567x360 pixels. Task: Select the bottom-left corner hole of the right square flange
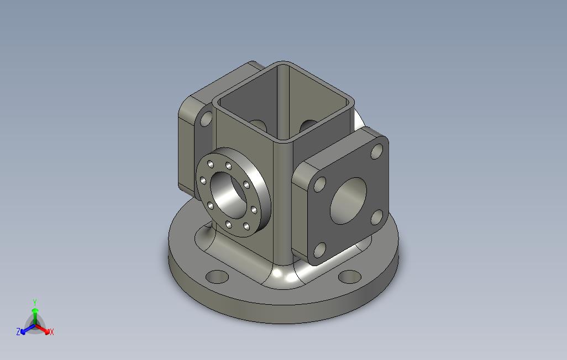click(319, 251)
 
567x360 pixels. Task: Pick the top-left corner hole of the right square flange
click(319, 184)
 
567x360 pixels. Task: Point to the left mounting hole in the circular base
click(216, 276)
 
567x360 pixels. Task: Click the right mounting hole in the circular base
click(350, 276)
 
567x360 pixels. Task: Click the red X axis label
click(51, 332)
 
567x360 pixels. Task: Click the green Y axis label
click(34, 303)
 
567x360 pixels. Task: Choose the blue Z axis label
click(18, 332)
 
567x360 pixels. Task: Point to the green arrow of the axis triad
click(34, 313)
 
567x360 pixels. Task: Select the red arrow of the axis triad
click(45, 330)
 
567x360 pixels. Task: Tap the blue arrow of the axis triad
click(24, 330)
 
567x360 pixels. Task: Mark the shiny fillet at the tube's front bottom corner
click(285, 276)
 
